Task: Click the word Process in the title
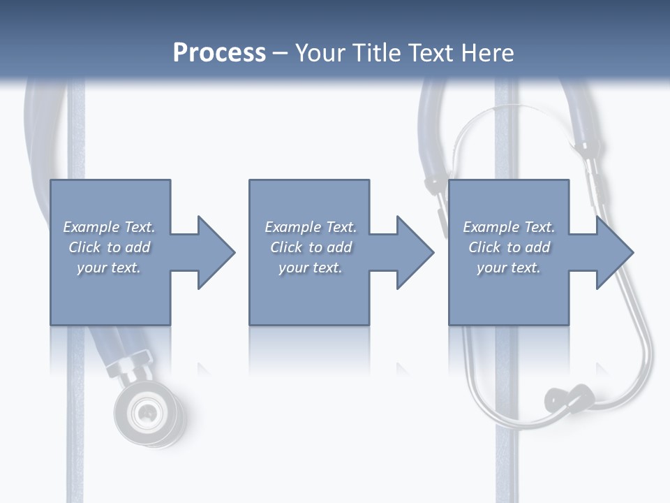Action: (219, 53)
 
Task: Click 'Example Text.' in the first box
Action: (109, 227)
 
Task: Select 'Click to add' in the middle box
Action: (311, 247)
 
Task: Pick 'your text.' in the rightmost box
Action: (509, 268)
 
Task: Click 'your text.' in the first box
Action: (109, 268)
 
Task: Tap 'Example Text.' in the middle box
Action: (311, 227)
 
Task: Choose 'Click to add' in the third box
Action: (509, 247)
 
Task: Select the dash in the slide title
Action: (281, 53)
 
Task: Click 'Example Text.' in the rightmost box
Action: (509, 227)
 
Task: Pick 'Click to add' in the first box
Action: (109, 247)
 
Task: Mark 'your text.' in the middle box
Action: (311, 268)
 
